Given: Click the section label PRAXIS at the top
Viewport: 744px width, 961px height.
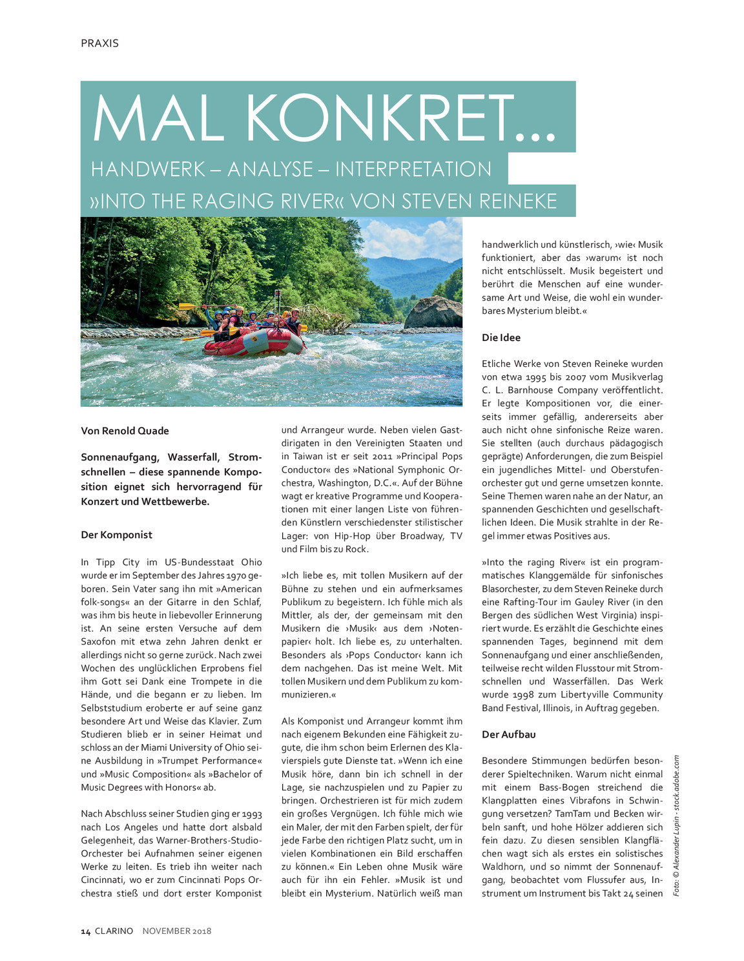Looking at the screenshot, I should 99,43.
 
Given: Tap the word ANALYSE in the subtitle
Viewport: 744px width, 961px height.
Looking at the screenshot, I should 270,169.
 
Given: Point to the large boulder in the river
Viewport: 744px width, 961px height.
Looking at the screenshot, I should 433,313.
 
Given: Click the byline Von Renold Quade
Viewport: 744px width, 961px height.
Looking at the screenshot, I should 125,431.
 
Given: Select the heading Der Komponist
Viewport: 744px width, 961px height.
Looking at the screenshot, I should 116,535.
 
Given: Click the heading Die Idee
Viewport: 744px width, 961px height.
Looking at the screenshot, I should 501,337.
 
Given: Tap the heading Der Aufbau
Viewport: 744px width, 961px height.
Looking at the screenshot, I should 508,734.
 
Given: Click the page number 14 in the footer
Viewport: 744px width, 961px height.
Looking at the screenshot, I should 85,931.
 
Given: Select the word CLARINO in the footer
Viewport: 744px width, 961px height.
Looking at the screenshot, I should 114,931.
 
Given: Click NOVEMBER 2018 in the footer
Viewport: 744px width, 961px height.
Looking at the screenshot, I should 176,931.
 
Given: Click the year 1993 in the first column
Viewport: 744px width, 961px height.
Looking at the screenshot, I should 251,814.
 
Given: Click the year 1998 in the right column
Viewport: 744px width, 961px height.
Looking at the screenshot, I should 523,695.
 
